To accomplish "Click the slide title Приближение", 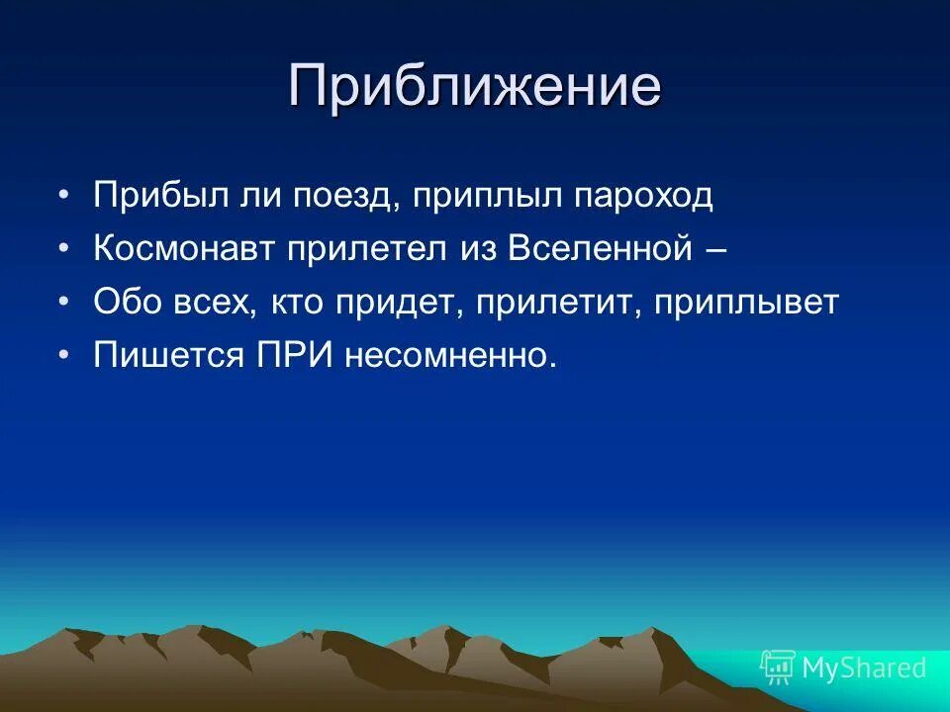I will [x=475, y=88].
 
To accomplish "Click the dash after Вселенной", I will [x=716, y=249].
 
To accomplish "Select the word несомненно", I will [x=451, y=355].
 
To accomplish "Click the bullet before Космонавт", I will [x=64, y=249].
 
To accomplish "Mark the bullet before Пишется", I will [x=64, y=356].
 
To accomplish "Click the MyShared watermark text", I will [x=864, y=668].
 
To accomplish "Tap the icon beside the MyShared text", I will [x=778, y=668].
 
